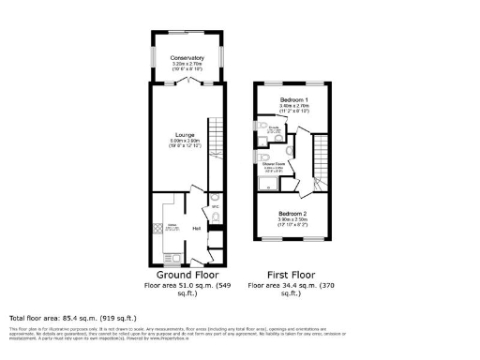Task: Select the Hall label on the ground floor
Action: point(197,228)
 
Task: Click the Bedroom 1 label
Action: point(293,98)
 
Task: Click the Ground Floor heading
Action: point(186,275)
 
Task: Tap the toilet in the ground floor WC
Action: point(216,217)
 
